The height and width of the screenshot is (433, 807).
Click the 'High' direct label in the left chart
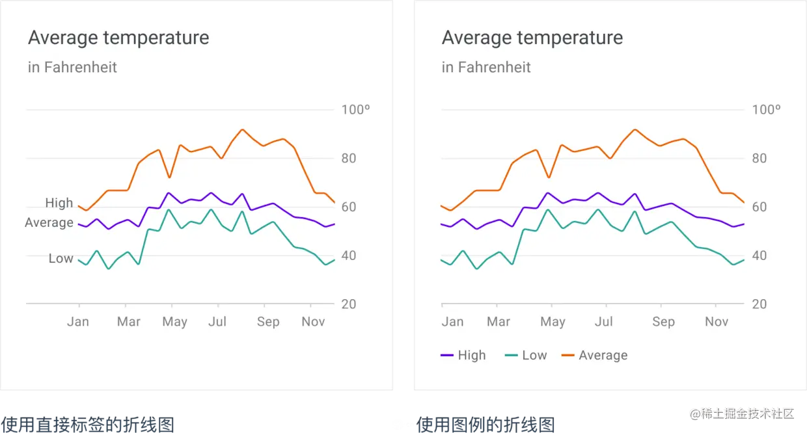(59, 203)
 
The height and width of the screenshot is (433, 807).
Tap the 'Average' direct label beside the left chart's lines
(49, 222)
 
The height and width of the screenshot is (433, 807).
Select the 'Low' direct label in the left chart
(61, 258)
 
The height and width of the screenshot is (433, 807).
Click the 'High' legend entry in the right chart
(463, 355)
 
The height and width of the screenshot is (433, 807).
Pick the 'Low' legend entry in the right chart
(526, 355)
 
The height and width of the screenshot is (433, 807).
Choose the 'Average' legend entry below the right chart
(594, 355)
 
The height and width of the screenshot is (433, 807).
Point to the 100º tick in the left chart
(355, 109)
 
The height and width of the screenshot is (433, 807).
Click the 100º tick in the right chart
(766, 109)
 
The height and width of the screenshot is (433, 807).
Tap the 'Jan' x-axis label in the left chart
(78, 322)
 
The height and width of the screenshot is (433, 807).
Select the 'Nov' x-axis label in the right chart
(717, 322)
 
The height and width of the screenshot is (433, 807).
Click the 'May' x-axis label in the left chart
(174, 322)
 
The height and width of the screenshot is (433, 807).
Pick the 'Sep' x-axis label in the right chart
(663, 322)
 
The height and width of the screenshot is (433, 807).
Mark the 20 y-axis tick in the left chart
(348, 304)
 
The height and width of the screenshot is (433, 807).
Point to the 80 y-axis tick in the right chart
(759, 158)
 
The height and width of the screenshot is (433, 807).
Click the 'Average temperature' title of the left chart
(118, 38)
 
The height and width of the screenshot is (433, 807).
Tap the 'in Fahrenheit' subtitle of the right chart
(486, 67)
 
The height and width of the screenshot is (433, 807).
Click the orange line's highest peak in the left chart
(242, 129)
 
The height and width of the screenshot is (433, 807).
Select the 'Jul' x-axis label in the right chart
(603, 322)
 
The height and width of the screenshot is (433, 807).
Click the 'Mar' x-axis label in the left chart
(128, 322)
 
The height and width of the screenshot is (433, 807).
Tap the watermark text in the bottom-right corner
(741, 413)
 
